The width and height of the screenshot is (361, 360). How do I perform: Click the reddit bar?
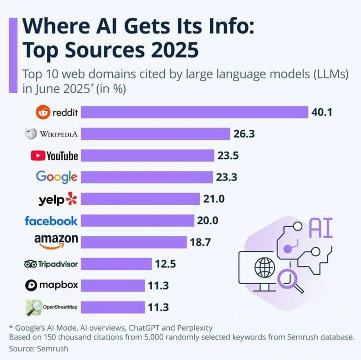(x=194, y=112)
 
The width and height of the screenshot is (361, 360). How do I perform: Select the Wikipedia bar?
(x=155, y=134)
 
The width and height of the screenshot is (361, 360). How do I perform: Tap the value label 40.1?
(x=322, y=112)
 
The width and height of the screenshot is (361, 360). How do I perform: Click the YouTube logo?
(x=54, y=156)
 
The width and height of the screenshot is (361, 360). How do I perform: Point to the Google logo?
(x=57, y=177)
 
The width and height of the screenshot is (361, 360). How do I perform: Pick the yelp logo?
(x=57, y=199)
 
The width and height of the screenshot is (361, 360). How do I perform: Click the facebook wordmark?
(x=51, y=221)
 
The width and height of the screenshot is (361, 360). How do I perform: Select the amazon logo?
(x=56, y=241)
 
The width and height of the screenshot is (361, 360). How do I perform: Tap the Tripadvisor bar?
(x=116, y=264)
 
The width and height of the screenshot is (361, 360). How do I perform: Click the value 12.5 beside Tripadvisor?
(x=165, y=264)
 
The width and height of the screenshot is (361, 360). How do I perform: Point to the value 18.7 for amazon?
(x=200, y=242)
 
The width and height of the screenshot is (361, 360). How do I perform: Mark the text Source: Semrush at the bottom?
(x=39, y=349)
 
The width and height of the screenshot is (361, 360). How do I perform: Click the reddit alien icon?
(x=42, y=112)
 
